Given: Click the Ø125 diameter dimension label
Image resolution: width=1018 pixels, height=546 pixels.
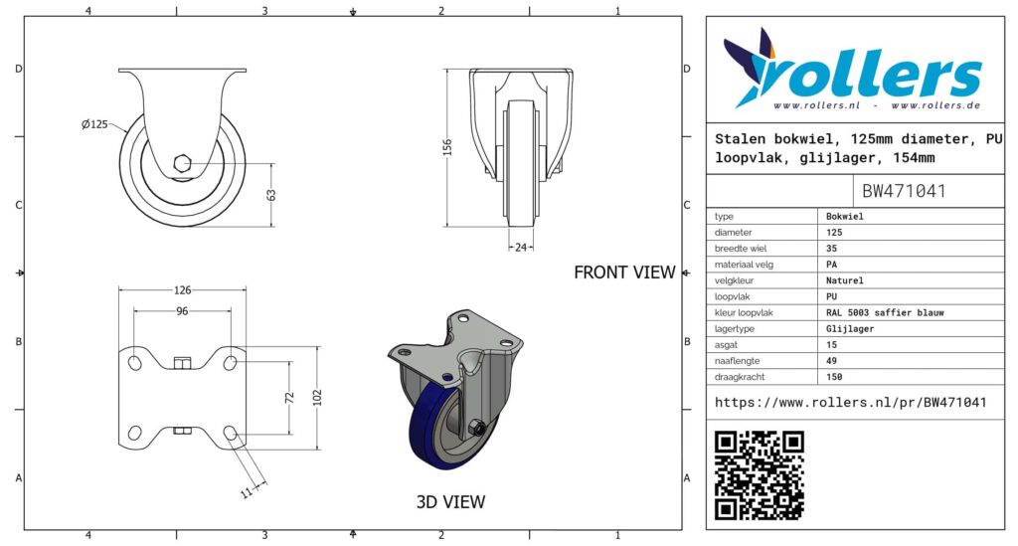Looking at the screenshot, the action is (94, 124).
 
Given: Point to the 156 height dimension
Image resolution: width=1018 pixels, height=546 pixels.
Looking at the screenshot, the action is (447, 147).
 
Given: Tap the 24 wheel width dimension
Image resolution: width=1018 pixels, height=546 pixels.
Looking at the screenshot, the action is (521, 248).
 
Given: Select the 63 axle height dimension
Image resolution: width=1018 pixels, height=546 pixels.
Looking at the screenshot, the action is (271, 194).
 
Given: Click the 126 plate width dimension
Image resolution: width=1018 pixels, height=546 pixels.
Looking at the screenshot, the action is (183, 290).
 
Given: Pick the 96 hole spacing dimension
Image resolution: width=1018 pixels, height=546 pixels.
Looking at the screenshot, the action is (183, 311).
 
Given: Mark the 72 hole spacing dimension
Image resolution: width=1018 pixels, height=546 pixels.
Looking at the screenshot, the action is (289, 398).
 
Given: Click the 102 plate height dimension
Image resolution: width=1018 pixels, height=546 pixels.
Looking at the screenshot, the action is (317, 398).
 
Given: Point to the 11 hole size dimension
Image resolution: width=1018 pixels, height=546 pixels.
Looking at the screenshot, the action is (247, 492).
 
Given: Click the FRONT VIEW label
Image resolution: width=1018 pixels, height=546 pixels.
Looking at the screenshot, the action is (624, 273).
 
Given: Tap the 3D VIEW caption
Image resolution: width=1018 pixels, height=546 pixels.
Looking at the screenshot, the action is (450, 502).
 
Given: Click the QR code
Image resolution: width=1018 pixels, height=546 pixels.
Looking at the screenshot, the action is (759, 475).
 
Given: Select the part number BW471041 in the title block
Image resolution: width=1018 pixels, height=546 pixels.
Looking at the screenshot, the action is (904, 191).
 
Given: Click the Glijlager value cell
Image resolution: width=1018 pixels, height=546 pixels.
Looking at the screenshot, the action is (850, 328).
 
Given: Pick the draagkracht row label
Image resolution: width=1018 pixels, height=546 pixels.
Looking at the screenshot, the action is (740, 377).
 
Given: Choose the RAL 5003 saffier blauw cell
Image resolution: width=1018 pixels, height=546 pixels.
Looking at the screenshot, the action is (885, 312).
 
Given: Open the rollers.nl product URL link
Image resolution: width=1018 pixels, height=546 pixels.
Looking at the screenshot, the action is (851, 403).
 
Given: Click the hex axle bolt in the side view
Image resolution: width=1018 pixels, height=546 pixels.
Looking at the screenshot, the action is (183, 163).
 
